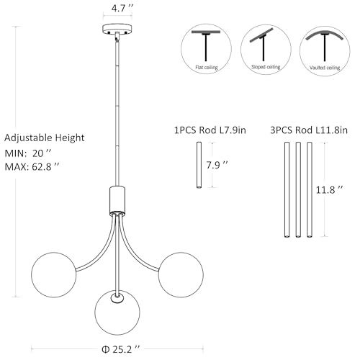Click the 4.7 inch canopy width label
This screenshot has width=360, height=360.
[x=122, y=8]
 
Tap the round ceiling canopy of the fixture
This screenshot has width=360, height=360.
[x=117, y=30]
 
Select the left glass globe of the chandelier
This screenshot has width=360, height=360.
[x=54, y=275]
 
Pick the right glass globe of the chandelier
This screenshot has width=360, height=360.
[x=181, y=275]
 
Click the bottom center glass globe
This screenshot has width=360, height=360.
[x=117, y=312]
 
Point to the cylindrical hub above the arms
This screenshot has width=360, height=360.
[x=117, y=200]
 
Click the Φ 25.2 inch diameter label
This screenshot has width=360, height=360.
[x=120, y=349]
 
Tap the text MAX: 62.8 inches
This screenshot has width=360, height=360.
[x=32, y=166]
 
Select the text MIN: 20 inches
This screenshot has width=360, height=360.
[x=28, y=153]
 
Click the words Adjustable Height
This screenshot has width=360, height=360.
[x=45, y=138]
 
